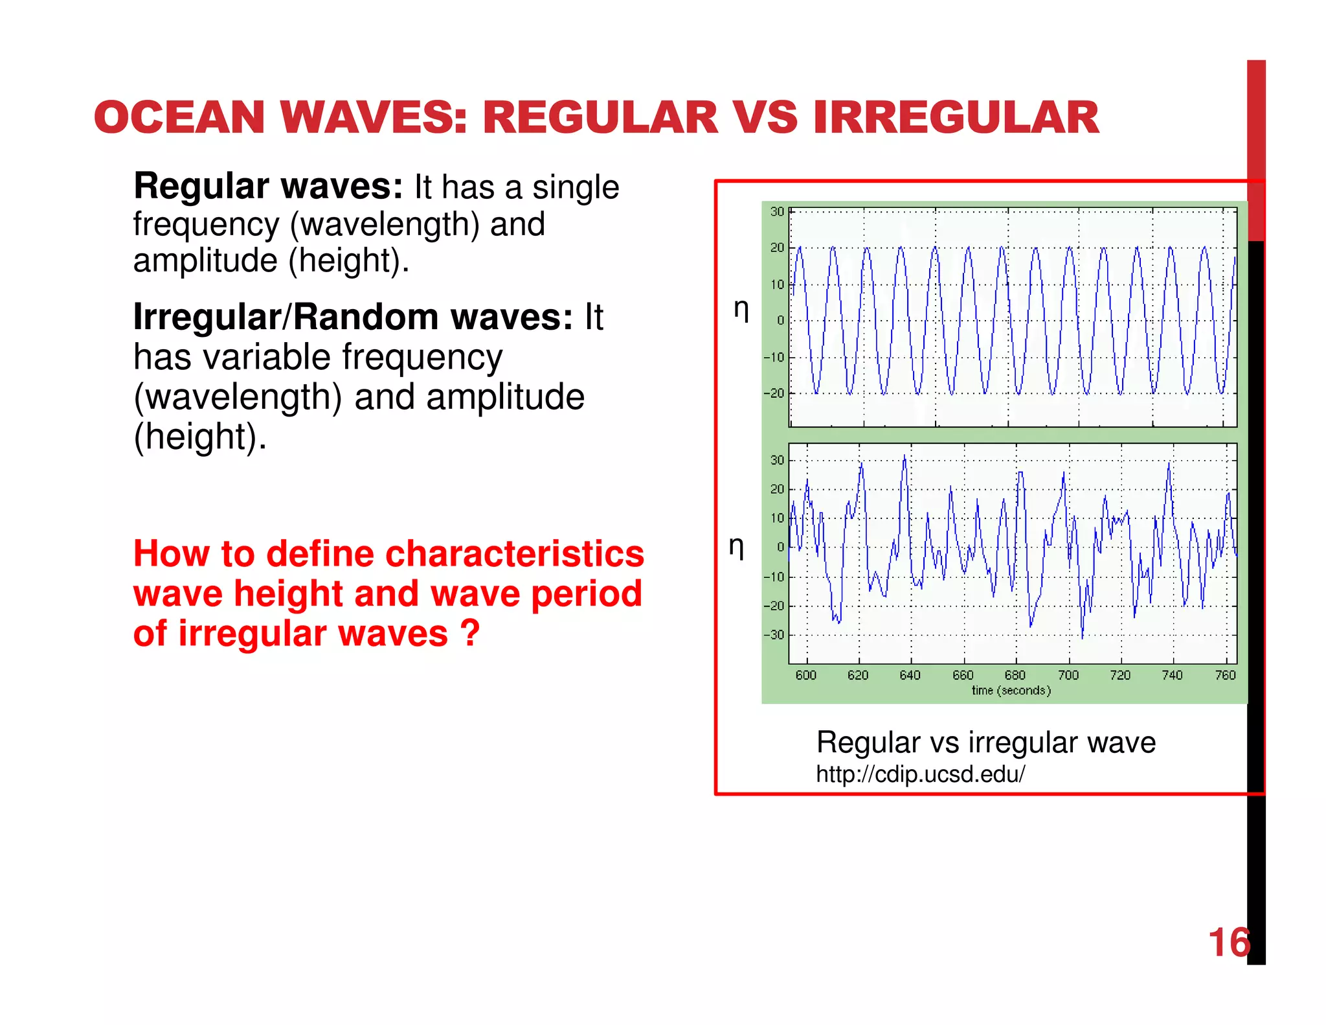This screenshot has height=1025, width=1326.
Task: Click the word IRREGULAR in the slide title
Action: pos(956,118)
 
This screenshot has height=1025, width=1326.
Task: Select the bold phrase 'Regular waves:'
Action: pos(268,187)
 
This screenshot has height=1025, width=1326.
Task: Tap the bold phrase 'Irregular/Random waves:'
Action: pos(353,317)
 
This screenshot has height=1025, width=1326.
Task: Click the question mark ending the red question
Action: pos(471,633)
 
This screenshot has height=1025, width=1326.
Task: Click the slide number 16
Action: pos(1228,942)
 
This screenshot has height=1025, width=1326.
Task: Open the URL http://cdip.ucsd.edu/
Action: pos(920,774)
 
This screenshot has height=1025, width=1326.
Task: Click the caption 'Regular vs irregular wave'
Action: pos(985,743)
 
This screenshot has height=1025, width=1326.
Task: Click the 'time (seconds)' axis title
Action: pos(1011,691)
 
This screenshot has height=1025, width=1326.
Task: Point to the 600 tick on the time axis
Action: pos(806,675)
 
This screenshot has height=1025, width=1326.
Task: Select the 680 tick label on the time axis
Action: pos(1015,675)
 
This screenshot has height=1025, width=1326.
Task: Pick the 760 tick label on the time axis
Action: pos(1225,675)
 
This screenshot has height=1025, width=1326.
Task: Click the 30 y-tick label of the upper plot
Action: pos(777,212)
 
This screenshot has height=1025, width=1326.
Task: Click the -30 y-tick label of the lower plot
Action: pos(774,635)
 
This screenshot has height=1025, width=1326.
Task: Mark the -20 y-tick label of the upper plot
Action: pos(774,393)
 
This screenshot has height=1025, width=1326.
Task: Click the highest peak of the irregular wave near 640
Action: pos(905,456)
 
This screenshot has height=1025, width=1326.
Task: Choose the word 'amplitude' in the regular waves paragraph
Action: pos(205,260)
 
